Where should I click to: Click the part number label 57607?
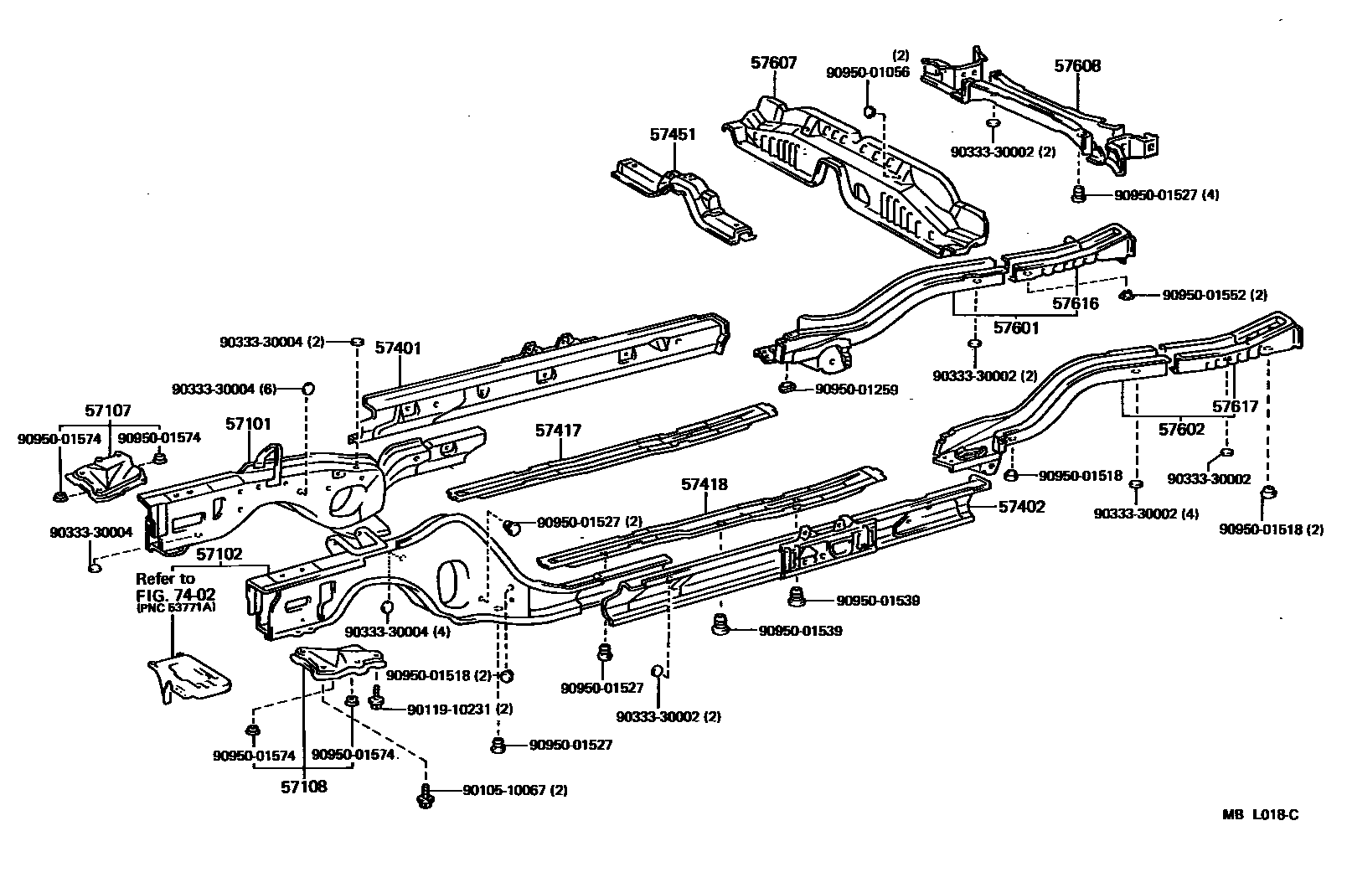(773, 63)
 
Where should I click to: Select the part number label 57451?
(673, 134)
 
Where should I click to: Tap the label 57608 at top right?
(1077, 66)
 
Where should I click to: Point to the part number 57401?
(398, 348)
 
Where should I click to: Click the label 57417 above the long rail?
(559, 431)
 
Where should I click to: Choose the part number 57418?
(704, 484)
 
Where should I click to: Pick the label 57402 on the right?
(1022, 507)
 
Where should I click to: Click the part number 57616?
(1075, 304)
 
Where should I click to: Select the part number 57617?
(1235, 407)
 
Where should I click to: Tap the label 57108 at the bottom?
(304, 787)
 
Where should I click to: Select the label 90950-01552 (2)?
(1214, 295)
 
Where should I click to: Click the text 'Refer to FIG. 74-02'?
(169, 586)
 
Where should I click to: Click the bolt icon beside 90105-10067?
(424, 796)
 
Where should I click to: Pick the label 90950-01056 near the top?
(867, 73)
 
